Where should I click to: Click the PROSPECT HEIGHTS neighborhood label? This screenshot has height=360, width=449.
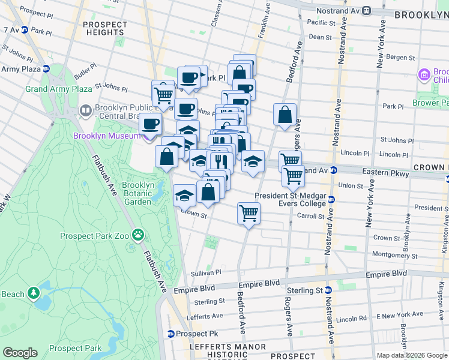[x=106, y=29]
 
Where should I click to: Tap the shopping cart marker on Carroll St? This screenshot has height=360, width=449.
[x=249, y=213]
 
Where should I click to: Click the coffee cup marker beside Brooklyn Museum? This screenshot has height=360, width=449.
[x=151, y=124]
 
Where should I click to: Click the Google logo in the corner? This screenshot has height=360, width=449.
[x=20, y=352]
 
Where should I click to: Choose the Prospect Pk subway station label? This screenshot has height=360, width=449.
[x=190, y=333]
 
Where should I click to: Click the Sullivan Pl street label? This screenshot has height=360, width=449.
[x=206, y=272]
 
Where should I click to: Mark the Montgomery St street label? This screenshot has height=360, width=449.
[x=391, y=255]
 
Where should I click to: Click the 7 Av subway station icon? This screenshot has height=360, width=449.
[x=25, y=29]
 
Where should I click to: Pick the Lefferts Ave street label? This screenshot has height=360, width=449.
[x=205, y=316]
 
